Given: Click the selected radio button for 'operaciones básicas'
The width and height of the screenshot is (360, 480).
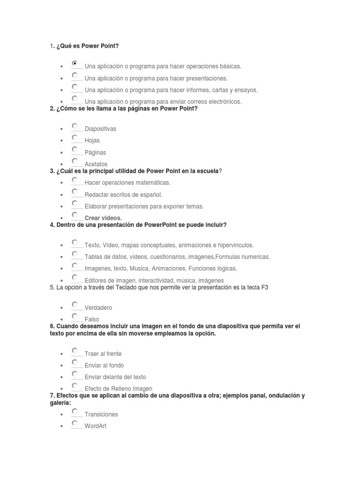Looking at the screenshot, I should tap(75, 63).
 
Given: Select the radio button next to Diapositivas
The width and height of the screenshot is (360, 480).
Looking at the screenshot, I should tap(75, 126).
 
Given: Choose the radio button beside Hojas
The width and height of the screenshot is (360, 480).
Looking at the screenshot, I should tap(75, 137).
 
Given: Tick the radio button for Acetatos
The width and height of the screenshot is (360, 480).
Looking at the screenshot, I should tap(75, 161).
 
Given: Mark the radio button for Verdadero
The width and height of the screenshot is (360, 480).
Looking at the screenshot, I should tap(75, 305).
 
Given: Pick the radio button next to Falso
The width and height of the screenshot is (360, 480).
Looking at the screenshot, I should tap(75, 316).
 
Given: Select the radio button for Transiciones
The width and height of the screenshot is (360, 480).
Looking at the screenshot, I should tap(75, 411).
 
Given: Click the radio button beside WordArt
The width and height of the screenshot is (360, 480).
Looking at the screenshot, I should tap(75, 423).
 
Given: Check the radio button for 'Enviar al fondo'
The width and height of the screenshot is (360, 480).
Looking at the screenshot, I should tap(75, 362).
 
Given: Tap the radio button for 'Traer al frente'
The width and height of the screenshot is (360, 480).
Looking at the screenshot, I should tap(75, 351).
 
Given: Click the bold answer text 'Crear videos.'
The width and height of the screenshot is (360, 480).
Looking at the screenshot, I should tap(103, 218).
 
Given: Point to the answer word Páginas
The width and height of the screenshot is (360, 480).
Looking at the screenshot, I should tap(95, 152).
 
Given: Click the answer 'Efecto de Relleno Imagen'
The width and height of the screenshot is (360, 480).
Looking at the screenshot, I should tap(119, 389).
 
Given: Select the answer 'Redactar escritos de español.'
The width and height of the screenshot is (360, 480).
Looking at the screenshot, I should tap(123, 195).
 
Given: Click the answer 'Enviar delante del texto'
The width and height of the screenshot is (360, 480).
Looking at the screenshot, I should tap(115, 377).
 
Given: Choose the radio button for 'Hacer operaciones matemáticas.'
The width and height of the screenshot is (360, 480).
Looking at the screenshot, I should tap(75, 180).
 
